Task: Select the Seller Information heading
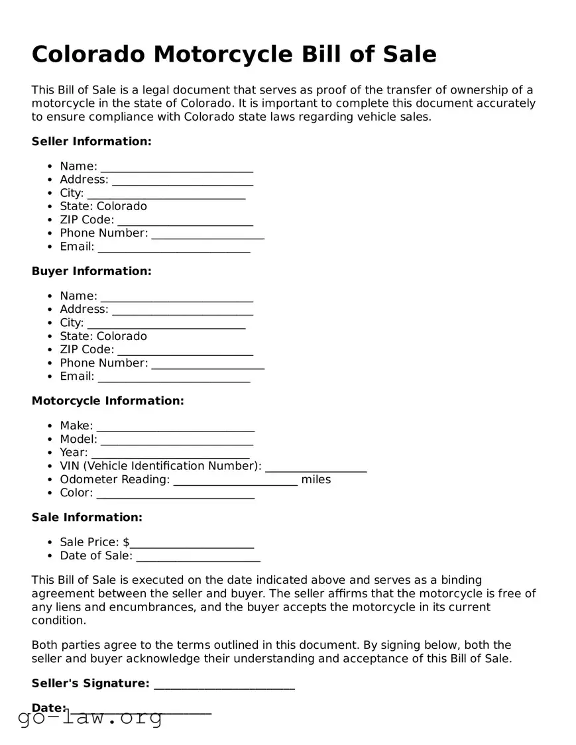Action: (x=91, y=141)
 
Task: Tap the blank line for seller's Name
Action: (x=176, y=167)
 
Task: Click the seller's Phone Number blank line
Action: (x=207, y=234)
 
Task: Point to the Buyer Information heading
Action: (x=91, y=271)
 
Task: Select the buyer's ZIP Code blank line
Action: (x=185, y=351)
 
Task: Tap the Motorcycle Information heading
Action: (x=107, y=401)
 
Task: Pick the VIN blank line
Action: (x=316, y=467)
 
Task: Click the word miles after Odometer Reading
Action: (x=316, y=479)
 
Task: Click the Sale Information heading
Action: (x=87, y=517)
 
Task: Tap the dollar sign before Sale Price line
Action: (x=126, y=542)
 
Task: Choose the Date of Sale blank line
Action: (x=198, y=557)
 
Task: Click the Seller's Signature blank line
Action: (x=224, y=685)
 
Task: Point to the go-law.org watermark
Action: (x=90, y=717)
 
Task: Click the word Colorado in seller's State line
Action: (x=122, y=206)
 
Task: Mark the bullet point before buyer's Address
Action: (x=50, y=310)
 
